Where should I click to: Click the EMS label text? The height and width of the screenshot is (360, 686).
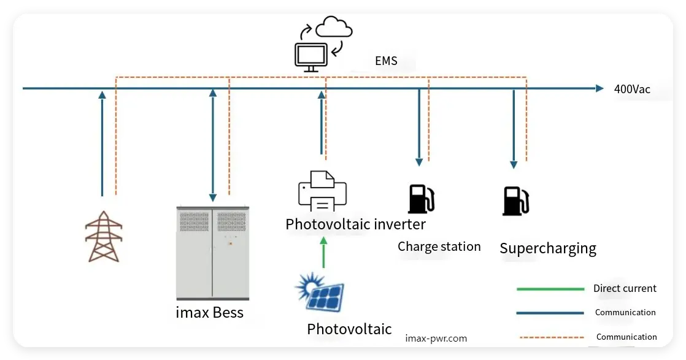tap(386, 61)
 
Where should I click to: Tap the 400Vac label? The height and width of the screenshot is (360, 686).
tap(632, 89)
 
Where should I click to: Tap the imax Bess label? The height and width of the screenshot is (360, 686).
tap(209, 313)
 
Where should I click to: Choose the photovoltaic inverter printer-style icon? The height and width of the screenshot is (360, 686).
tap(322, 191)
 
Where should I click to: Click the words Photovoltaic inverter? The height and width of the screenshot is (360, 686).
tap(355, 224)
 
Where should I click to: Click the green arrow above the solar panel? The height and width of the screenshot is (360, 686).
tap(324, 252)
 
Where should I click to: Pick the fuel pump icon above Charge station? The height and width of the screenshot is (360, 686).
tap(421, 198)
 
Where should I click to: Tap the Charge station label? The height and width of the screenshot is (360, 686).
tap(439, 247)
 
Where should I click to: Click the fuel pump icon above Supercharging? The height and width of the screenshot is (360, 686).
tap(515, 201)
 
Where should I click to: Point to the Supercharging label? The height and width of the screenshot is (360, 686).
tap(547, 248)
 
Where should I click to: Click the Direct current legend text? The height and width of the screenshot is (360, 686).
tap(625, 288)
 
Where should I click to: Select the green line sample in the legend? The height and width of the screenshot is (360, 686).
tap(550, 289)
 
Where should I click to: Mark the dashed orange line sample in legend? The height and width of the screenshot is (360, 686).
tap(550, 337)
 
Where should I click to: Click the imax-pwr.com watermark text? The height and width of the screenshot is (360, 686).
tap(436, 338)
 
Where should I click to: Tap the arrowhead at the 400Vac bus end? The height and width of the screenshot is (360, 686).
tap(599, 88)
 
